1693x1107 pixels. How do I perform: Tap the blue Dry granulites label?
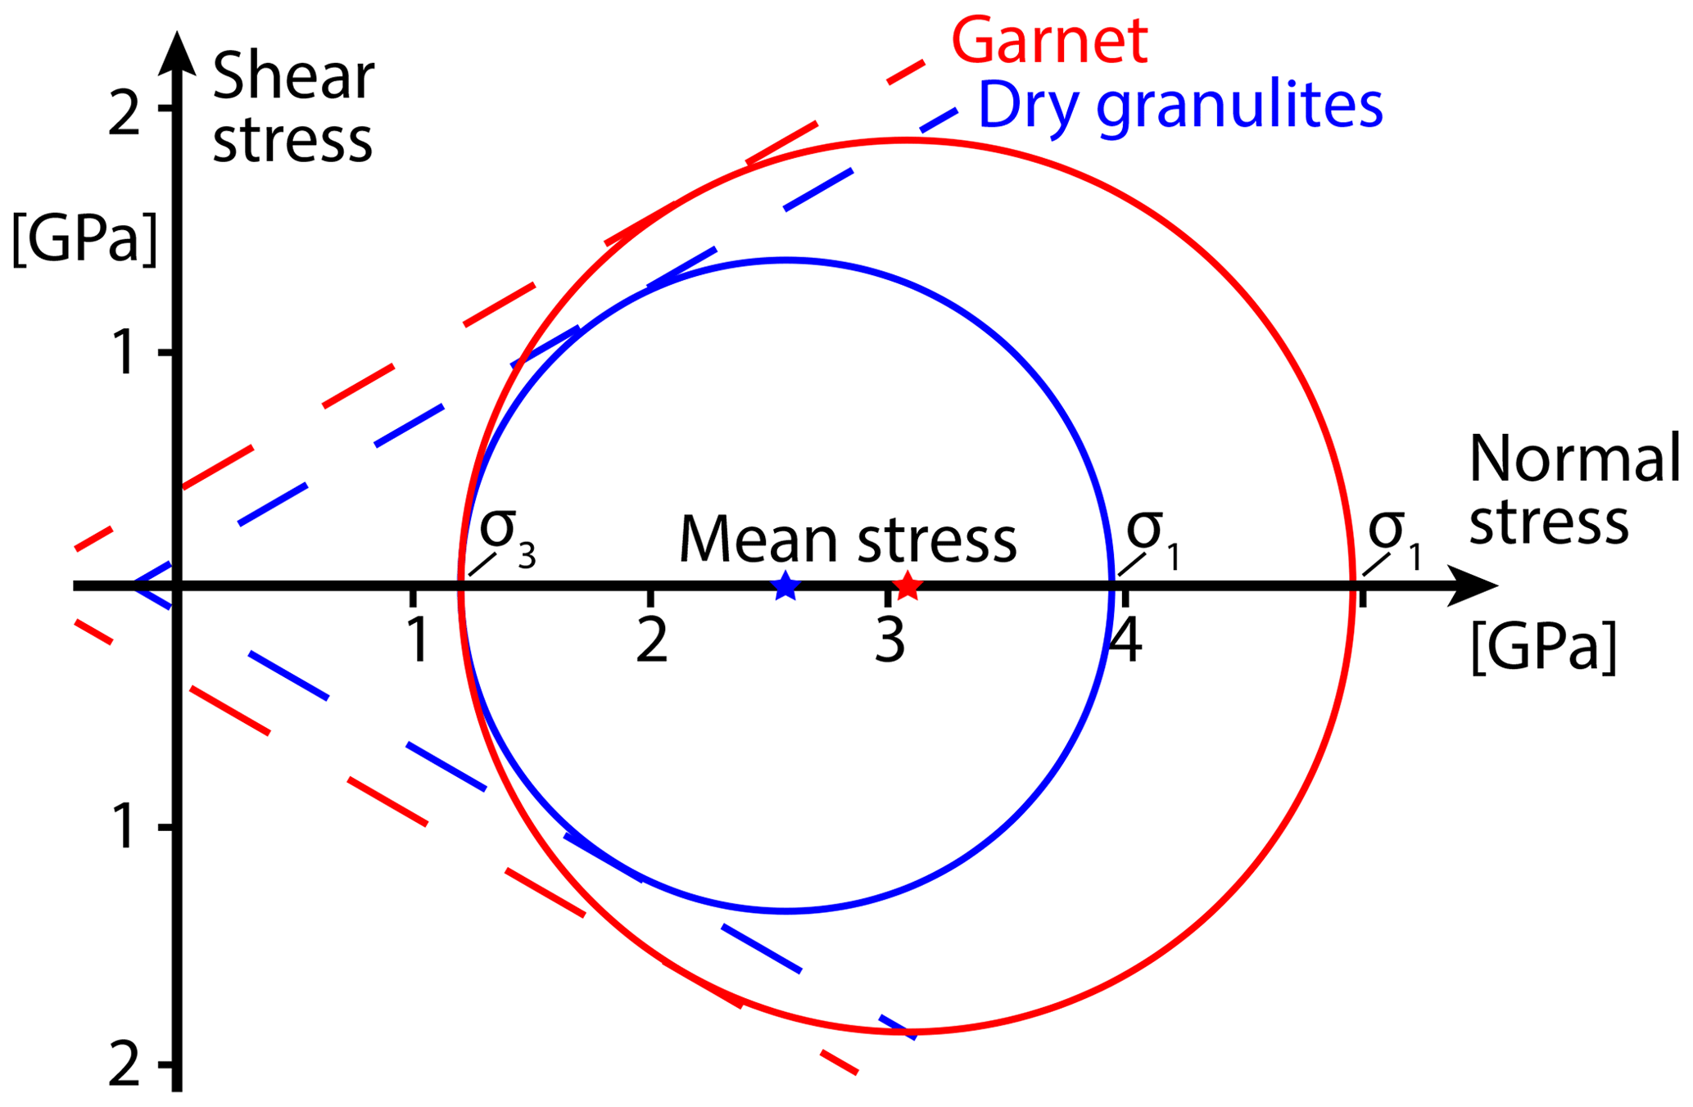point(1180,106)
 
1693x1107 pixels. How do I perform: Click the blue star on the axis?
point(785,585)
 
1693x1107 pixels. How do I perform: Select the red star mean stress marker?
point(907,585)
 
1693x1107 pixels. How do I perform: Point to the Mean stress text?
point(848,540)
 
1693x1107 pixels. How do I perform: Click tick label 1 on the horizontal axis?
point(418,640)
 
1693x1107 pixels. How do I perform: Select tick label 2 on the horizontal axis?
point(652,640)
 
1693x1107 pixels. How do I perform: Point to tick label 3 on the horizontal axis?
point(890,640)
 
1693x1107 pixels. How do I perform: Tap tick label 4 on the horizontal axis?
point(1126,640)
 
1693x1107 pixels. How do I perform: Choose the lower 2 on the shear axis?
point(124,1066)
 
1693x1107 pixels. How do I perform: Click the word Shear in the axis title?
point(293,78)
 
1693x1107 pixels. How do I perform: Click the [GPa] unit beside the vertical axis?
point(84,239)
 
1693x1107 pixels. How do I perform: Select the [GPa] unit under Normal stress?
point(1544,648)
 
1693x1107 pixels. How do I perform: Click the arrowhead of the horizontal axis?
point(1474,585)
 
